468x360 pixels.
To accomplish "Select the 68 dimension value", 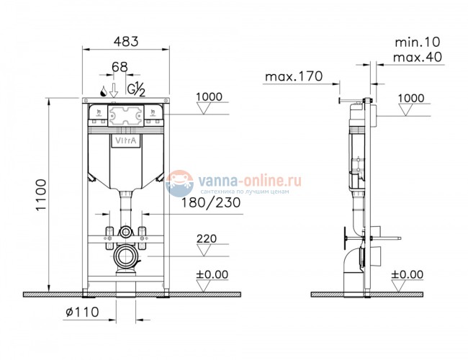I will (120, 67).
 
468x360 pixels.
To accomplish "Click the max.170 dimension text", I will (291, 76).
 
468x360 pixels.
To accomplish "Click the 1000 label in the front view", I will (210, 97).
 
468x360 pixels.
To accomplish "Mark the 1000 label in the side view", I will (411, 97).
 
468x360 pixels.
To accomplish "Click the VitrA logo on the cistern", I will (125, 143).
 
